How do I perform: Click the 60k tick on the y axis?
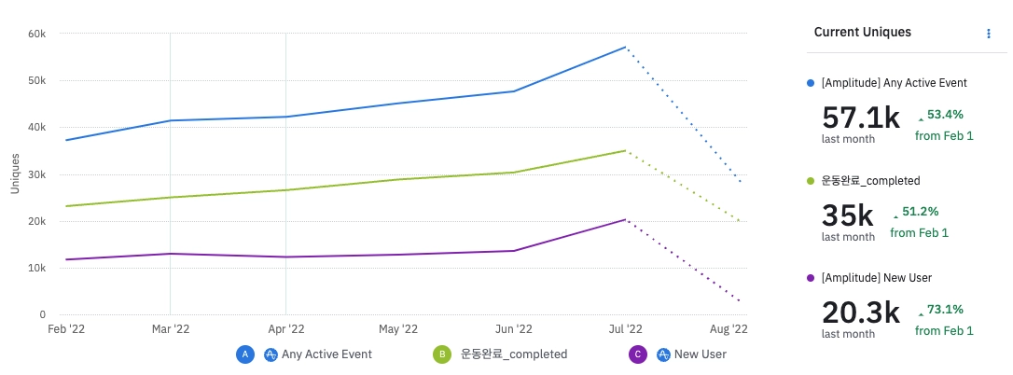tap(38, 34)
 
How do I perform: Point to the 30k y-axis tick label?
tap(38, 174)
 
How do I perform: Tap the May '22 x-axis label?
tap(398, 329)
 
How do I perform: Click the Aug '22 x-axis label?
tap(729, 329)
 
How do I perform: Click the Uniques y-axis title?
tap(15, 174)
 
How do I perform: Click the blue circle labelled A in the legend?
tap(245, 354)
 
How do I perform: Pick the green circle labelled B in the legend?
tap(439, 354)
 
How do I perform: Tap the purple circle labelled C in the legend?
tap(638, 354)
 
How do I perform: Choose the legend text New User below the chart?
tap(700, 354)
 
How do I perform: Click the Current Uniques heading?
tap(862, 33)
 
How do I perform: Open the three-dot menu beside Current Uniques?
tap(989, 34)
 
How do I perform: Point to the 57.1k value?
tap(860, 118)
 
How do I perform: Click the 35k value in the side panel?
tap(847, 215)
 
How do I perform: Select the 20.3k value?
tap(860, 312)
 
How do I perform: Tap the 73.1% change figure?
tap(945, 310)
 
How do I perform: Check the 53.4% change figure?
tap(945, 115)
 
